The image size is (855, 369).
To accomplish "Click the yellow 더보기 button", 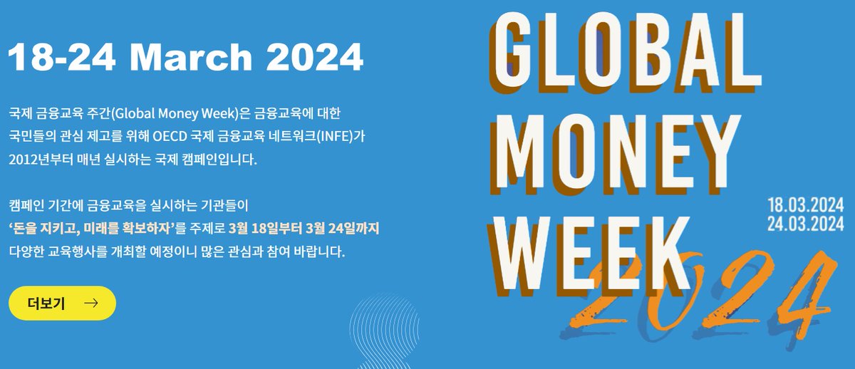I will coord(62,303).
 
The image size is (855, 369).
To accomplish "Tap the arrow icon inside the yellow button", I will coord(90,303).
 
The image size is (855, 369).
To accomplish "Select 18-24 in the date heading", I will coord(63,58).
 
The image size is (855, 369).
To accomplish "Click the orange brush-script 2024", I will coord(705,292).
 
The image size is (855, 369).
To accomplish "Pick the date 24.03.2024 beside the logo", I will coord(805,224).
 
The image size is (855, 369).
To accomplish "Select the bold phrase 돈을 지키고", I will coord(46,229).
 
